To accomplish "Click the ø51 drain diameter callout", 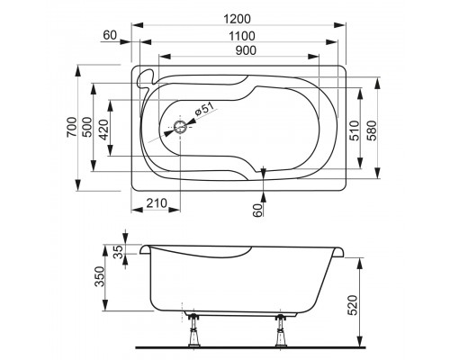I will (x=205, y=110).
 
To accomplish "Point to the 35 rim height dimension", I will (x=118, y=251).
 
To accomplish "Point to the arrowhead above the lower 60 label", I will (x=263, y=173).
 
